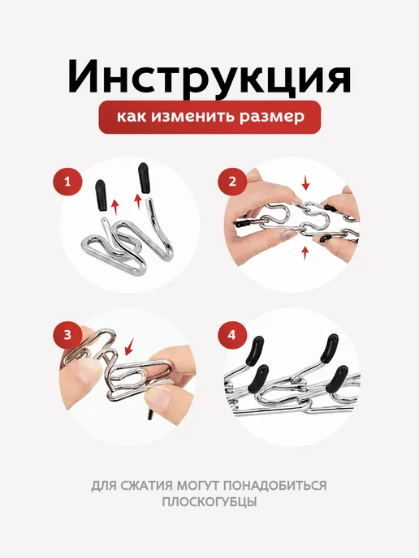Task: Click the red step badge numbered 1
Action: click(67, 182)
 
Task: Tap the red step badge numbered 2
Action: click(232, 182)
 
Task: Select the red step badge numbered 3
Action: click(67, 335)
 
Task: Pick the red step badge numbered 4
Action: click(232, 335)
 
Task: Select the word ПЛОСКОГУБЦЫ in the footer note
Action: click(209, 502)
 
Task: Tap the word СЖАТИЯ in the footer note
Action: click(148, 485)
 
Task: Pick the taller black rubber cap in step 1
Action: click(143, 178)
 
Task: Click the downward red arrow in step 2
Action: click(305, 183)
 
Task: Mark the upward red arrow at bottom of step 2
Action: click(305, 254)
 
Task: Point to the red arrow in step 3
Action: click(130, 347)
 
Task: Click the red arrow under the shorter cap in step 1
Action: click(114, 208)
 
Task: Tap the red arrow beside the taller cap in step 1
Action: click(137, 202)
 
